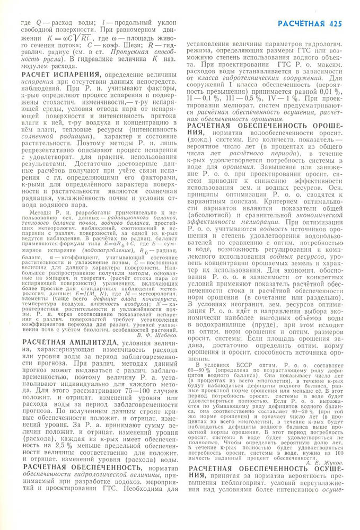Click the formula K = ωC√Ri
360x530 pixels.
[x=66, y=39]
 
